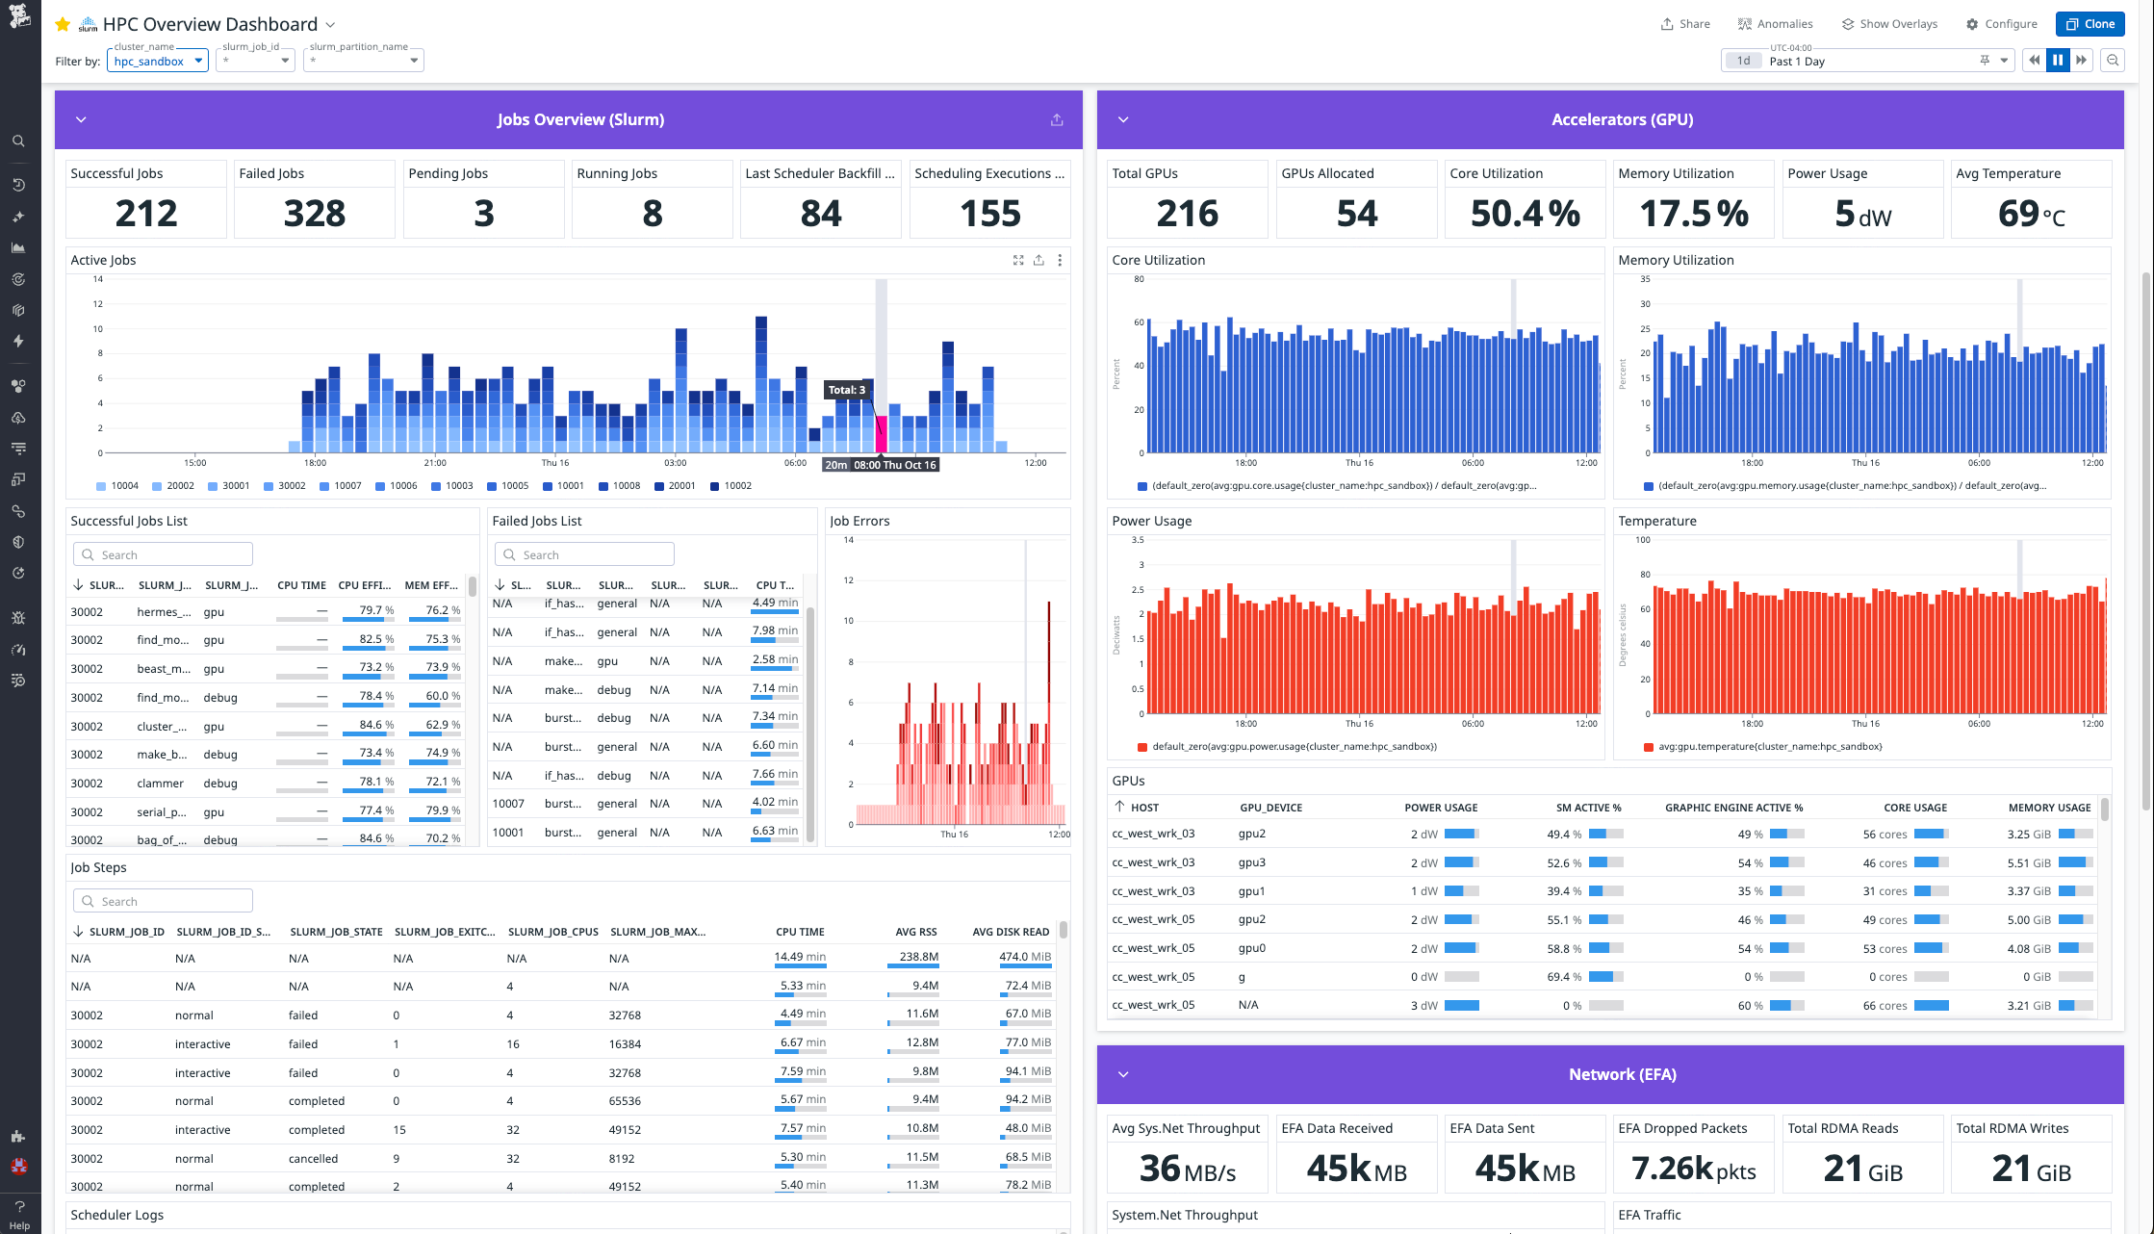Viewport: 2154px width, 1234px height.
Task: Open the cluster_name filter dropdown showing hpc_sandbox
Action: click(158, 61)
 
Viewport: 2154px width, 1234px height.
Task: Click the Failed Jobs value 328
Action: click(315, 214)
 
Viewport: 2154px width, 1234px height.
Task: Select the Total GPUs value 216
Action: click(1187, 214)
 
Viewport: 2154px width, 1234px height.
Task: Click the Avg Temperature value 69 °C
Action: click(2031, 214)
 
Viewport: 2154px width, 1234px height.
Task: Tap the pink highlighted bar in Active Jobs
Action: click(881, 434)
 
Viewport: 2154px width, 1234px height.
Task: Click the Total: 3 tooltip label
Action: click(847, 390)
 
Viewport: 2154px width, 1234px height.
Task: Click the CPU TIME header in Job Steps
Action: click(800, 932)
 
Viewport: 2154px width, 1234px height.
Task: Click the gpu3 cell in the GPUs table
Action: click(1251, 862)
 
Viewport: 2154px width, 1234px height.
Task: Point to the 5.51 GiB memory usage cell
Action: click(2029, 862)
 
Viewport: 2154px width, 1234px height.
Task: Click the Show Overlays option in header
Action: click(1889, 24)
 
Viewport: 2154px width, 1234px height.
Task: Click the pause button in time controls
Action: click(2058, 61)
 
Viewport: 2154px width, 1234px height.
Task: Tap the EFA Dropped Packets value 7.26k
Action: click(1693, 1169)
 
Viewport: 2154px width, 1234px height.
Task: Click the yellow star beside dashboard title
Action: click(64, 24)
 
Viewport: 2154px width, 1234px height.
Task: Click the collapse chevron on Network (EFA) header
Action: click(1123, 1074)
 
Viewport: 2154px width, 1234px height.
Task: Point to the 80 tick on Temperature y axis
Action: click(1645, 575)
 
